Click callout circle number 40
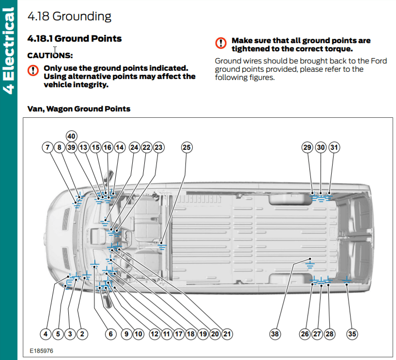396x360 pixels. [72, 136]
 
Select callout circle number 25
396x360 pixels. [186, 147]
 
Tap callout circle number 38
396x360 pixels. [275, 333]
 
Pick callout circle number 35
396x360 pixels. [352, 333]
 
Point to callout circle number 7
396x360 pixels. [47, 147]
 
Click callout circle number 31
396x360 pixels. [334, 147]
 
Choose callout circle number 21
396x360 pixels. [227, 333]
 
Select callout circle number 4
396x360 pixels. [46, 333]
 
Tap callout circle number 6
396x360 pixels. [110, 333]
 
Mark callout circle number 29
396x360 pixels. [307, 147]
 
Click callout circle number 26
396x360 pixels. [305, 333]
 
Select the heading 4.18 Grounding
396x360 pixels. [69, 16]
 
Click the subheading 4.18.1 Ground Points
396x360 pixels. [75, 38]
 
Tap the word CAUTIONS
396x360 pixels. [50, 56]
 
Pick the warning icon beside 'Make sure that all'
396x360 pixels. [221, 43]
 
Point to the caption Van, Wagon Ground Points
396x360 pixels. [79, 109]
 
